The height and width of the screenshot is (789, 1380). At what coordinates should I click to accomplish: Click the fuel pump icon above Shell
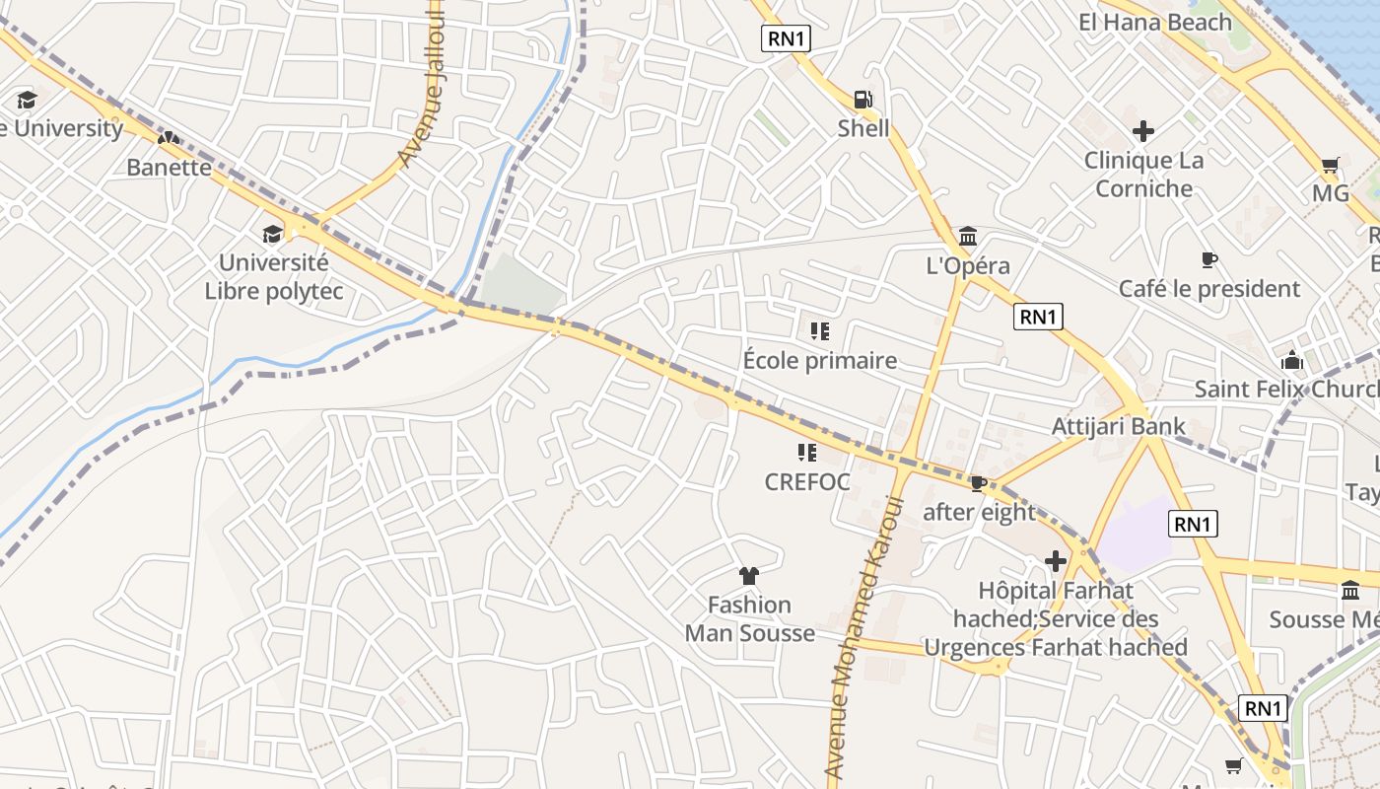coord(862,100)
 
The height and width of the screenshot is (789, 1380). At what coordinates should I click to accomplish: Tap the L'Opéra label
coord(968,265)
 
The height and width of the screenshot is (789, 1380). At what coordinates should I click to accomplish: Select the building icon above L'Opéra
coord(968,237)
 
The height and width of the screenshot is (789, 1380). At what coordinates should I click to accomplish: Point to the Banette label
coord(169,167)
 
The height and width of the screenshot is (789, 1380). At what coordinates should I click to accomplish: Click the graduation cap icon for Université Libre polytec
coord(272,234)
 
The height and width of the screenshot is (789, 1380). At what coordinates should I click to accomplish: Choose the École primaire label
coord(820,360)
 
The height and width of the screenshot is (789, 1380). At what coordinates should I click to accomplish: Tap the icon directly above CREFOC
coord(807,453)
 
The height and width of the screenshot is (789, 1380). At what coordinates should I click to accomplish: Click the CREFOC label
coord(807,482)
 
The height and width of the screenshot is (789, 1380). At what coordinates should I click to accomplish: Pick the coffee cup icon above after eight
coord(978,483)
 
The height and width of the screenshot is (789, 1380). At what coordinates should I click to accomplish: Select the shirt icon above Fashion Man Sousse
coord(749,575)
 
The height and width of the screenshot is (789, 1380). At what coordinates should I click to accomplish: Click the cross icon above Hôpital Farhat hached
coord(1056,562)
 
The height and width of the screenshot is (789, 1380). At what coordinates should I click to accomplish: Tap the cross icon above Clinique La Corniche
coord(1143,130)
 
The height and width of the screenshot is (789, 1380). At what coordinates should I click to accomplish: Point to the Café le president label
coord(1209,289)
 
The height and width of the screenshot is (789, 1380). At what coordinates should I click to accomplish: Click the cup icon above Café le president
coord(1209,260)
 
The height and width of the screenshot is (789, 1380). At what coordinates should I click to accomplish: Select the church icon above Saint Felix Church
coord(1292,360)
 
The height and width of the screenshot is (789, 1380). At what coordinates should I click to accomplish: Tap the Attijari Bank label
coord(1119,427)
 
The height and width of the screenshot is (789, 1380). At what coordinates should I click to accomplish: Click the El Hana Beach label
coord(1155,23)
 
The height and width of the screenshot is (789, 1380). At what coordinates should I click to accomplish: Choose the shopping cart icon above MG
coord(1331,165)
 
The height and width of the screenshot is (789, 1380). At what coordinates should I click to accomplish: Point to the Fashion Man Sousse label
coord(750,618)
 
